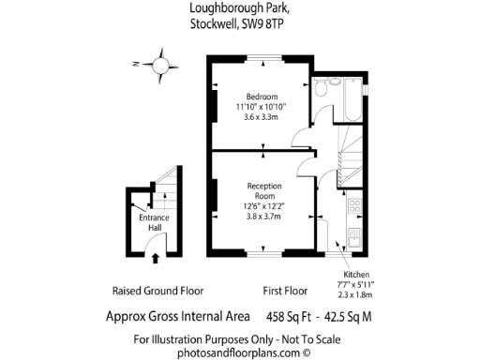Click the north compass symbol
162,66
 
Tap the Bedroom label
262,97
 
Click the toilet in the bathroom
322,88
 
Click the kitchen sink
355,235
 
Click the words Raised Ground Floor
157,291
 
